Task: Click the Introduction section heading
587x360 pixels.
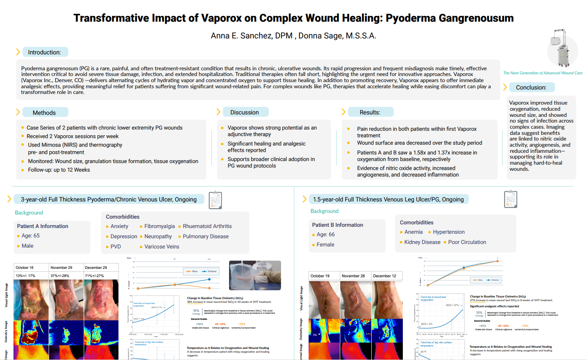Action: click(x=44, y=52)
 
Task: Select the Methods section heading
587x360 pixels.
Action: click(x=44, y=113)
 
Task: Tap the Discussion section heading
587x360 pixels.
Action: click(x=244, y=112)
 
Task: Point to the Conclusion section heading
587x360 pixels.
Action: click(x=531, y=87)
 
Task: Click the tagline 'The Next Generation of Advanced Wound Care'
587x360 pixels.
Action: click(x=542, y=73)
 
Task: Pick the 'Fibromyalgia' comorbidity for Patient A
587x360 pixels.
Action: click(x=159, y=226)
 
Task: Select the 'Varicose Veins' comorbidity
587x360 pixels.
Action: click(x=161, y=247)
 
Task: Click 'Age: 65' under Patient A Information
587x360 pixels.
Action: click(x=31, y=236)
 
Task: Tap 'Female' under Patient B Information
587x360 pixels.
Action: click(x=325, y=245)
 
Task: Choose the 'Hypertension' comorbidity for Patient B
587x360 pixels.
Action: click(x=449, y=232)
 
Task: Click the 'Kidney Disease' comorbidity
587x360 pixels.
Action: click(x=422, y=242)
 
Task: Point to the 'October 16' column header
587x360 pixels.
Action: click(x=25, y=268)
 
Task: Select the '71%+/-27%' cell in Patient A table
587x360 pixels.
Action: click(x=94, y=276)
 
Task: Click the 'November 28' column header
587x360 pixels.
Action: click(x=353, y=276)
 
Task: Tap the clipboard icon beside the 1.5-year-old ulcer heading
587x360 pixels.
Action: click(x=511, y=199)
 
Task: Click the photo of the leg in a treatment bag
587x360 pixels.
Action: click(x=255, y=275)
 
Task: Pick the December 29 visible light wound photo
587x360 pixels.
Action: click(x=101, y=300)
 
